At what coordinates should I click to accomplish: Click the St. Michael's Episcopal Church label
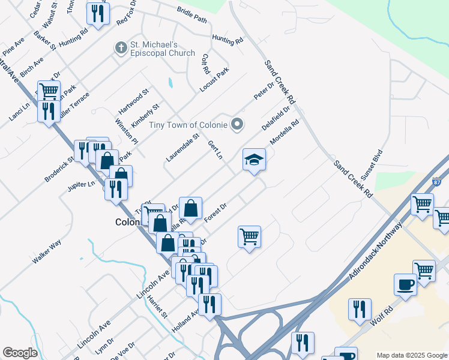pos(162,49)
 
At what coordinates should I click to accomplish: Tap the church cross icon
pos(120,46)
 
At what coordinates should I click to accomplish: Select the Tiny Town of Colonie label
pos(180,125)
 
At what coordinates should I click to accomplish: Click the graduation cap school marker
pos(254,160)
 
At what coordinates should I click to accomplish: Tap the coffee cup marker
pos(405,284)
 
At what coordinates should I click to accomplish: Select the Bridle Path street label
pos(191,17)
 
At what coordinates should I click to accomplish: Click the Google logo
pos(19,353)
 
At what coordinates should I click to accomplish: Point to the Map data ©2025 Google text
pos(411,355)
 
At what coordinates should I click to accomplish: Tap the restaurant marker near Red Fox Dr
pos(97,13)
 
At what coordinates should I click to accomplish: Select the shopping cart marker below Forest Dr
pos(249,235)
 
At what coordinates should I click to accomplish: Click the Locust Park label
pos(214,80)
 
